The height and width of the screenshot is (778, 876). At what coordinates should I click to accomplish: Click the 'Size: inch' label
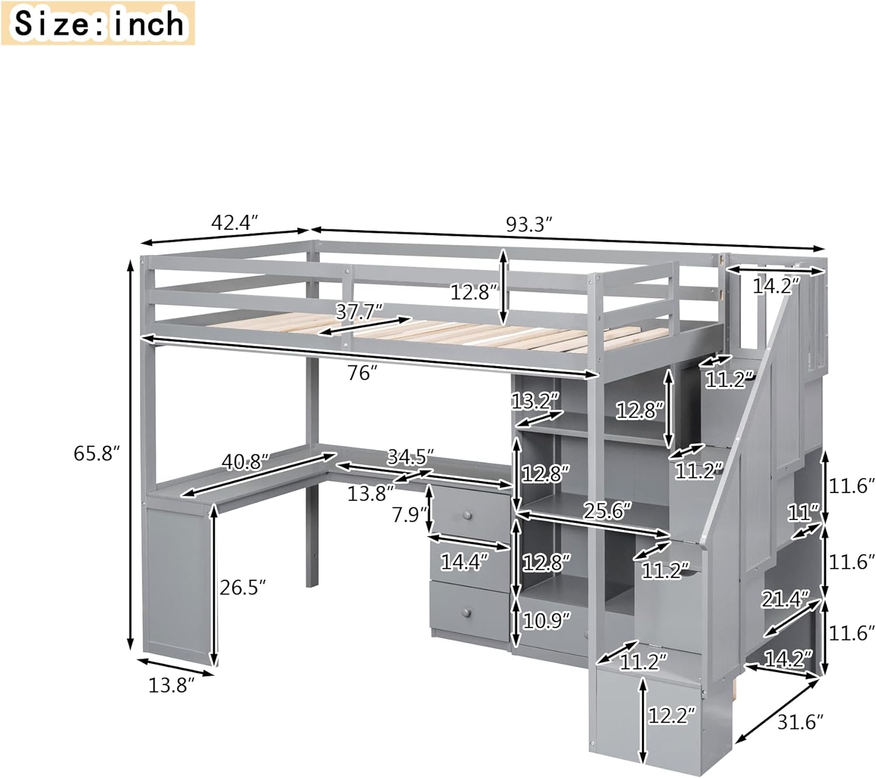98,23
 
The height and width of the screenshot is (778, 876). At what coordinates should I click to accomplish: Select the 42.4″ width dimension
234,222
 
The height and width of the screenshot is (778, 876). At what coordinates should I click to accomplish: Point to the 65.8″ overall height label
96,453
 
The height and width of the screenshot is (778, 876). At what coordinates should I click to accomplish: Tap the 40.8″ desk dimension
245,462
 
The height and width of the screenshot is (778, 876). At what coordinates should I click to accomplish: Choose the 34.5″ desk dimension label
411,456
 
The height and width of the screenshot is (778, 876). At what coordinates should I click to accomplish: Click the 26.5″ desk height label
243,587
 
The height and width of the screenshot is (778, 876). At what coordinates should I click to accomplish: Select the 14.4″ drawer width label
464,562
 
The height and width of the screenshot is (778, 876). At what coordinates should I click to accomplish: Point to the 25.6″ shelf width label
607,511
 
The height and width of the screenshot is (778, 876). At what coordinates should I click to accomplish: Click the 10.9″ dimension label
547,620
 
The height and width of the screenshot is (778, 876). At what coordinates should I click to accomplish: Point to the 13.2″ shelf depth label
536,402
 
